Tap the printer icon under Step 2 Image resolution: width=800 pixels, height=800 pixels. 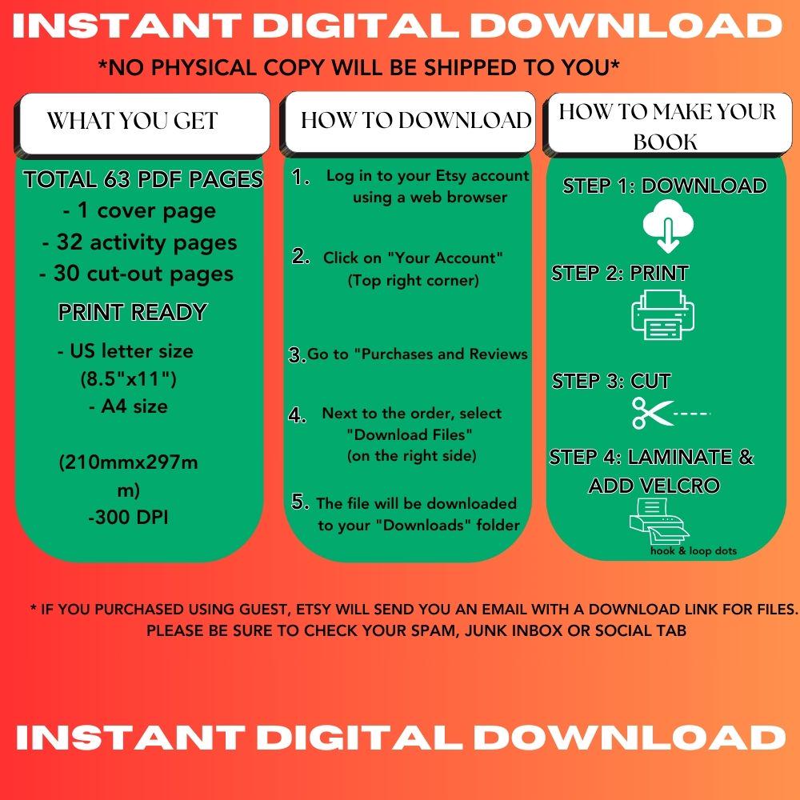[x=663, y=314]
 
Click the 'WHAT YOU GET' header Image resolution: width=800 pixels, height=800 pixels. [x=132, y=121]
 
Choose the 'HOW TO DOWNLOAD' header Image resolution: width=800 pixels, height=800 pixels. [x=416, y=120]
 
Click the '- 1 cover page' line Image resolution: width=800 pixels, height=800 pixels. [x=139, y=211]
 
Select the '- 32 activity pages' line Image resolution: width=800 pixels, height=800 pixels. [x=139, y=242]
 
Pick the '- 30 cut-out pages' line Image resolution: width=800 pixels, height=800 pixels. [x=137, y=274]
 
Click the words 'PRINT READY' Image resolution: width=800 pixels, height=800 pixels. [x=133, y=313]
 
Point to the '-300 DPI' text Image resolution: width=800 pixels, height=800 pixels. [x=128, y=518]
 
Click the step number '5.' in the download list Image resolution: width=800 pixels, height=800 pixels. [x=301, y=502]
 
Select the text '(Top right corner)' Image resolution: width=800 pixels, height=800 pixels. [x=413, y=280]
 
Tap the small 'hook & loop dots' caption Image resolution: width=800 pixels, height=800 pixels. [x=694, y=550]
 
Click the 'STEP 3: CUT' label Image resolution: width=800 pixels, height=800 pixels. [x=611, y=381]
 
